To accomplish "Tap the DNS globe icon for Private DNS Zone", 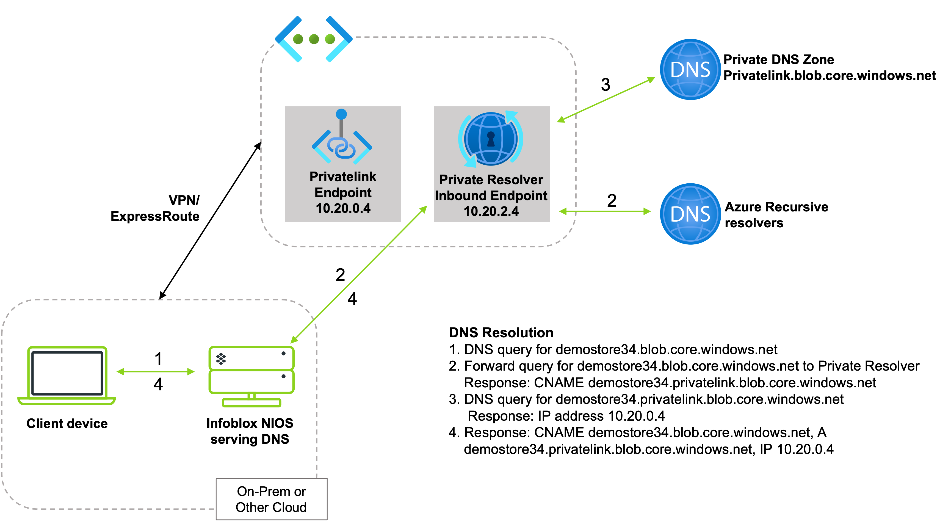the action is (690, 70).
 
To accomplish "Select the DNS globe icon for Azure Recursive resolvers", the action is (690, 214).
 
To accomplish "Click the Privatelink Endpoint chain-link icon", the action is (342, 137).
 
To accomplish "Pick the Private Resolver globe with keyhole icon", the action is (491, 139).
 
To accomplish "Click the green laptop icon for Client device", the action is (67, 376).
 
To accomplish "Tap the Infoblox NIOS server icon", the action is (251, 376).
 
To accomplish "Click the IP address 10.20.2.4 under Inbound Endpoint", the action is (491, 211).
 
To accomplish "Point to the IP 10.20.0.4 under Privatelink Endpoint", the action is (343, 208).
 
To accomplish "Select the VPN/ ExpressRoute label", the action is (155, 208).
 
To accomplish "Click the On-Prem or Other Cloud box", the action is (271, 499).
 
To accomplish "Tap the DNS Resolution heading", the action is (501, 332).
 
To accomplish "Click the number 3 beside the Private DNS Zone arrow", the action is (606, 85).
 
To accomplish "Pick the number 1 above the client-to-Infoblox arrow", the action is (158, 358).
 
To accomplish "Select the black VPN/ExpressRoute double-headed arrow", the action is (210, 220).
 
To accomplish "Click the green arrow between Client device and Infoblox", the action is (155, 371).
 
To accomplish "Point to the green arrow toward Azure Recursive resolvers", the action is (605, 211).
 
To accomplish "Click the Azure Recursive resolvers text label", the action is (776, 214).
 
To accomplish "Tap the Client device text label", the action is (67, 424).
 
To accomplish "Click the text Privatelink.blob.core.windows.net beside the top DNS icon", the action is (830, 75).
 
